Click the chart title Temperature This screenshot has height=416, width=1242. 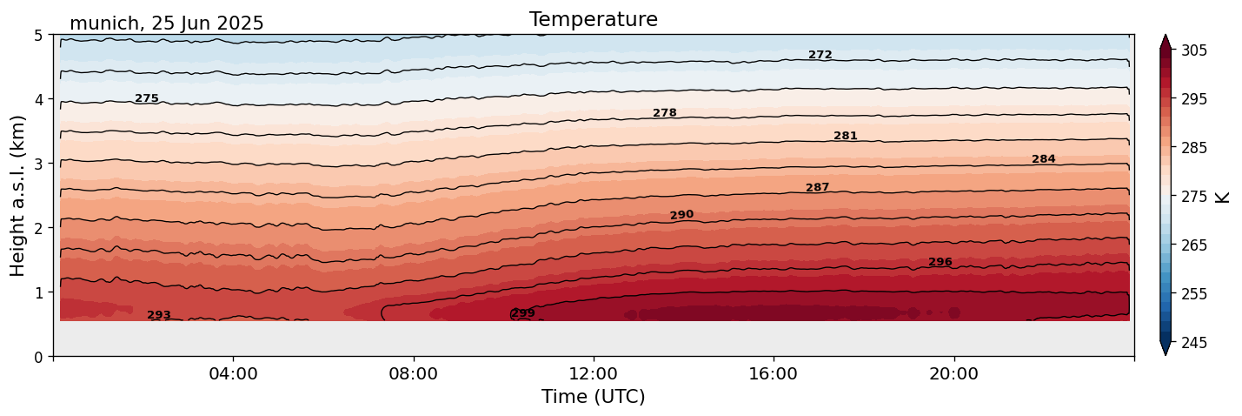[593, 19]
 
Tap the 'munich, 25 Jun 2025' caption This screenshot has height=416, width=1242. [166, 23]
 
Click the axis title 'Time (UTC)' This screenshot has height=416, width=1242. [593, 398]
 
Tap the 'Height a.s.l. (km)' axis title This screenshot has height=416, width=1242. [18, 195]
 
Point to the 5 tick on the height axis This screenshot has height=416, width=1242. [38, 36]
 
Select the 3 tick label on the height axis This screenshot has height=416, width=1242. [38, 164]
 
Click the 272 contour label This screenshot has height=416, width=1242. [820, 55]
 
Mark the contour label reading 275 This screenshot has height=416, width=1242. [147, 98]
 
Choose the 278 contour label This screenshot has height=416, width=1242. [664, 113]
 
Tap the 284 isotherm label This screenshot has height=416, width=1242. [1043, 159]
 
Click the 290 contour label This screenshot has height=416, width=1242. [681, 215]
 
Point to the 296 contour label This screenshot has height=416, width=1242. [940, 262]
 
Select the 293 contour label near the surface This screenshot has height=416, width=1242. [159, 315]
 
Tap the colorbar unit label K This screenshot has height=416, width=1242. [1223, 196]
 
